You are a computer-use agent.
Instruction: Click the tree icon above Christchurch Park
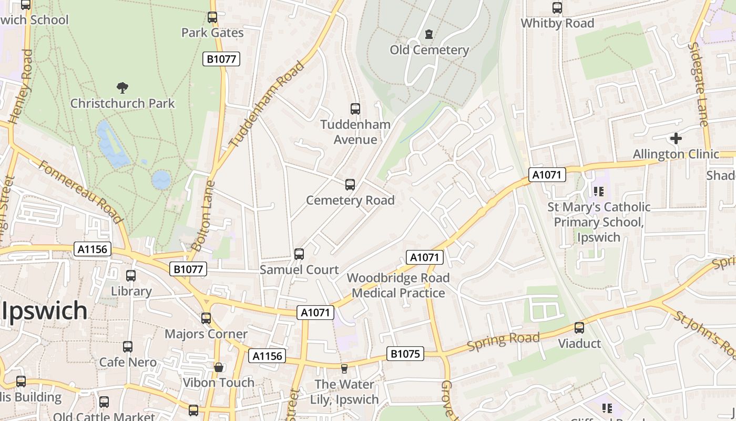pos(122,87)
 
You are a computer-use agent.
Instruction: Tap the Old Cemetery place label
pos(429,50)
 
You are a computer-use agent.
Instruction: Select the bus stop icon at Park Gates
pos(212,17)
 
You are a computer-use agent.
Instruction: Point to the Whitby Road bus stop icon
pos(557,8)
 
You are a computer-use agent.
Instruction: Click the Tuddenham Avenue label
pos(356,132)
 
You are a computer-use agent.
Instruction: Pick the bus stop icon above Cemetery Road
pos(350,185)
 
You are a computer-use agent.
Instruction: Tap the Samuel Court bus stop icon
pos(299,254)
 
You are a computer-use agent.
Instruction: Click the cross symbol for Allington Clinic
pos(676,138)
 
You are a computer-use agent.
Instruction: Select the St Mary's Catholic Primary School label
pos(599,222)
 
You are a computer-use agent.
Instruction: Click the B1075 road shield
pos(405,354)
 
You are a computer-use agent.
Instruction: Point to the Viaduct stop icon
pos(579,328)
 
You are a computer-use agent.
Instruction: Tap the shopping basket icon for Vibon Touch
pos(219,367)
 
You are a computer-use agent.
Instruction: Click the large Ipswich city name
pos(44,310)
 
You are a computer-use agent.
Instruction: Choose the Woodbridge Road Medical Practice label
pos(398,285)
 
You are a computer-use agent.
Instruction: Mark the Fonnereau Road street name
pos(80,192)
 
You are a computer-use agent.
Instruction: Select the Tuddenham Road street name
pos(267,104)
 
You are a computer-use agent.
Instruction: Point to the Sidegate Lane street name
pos(698,84)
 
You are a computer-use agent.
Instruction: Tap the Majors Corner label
pos(206,334)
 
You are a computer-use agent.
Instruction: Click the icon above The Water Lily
pos(344,369)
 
